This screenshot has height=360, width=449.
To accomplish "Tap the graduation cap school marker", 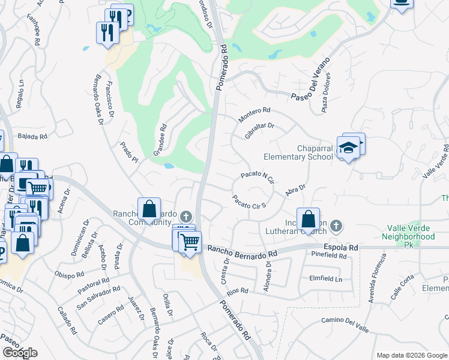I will tap(348, 148).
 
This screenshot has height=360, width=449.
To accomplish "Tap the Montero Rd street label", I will tap(255, 115).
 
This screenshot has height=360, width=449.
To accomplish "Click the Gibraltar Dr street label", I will tap(259, 131).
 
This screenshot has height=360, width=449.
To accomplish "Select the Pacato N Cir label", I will tap(257, 176).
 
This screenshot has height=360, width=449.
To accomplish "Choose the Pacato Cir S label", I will tap(249, 202).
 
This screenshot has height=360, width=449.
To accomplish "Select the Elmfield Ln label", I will tap(325, 279).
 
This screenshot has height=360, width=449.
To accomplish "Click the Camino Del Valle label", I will tap(345, 324).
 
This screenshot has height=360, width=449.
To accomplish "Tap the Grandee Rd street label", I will tap(159, 140).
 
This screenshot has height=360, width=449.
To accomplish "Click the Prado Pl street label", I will tap(129, 152).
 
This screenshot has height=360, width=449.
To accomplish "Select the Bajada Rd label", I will tap(32, 137).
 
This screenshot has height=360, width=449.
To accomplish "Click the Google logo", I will tap(20, 353).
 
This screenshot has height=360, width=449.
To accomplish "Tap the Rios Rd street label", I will tap(237, 291).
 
